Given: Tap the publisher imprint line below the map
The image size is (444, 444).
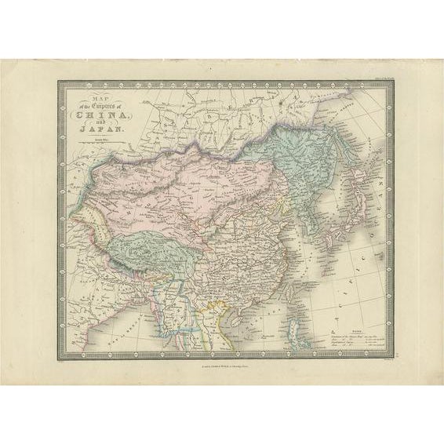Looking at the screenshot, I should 221,366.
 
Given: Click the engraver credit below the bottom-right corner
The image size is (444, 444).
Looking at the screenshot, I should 386,361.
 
